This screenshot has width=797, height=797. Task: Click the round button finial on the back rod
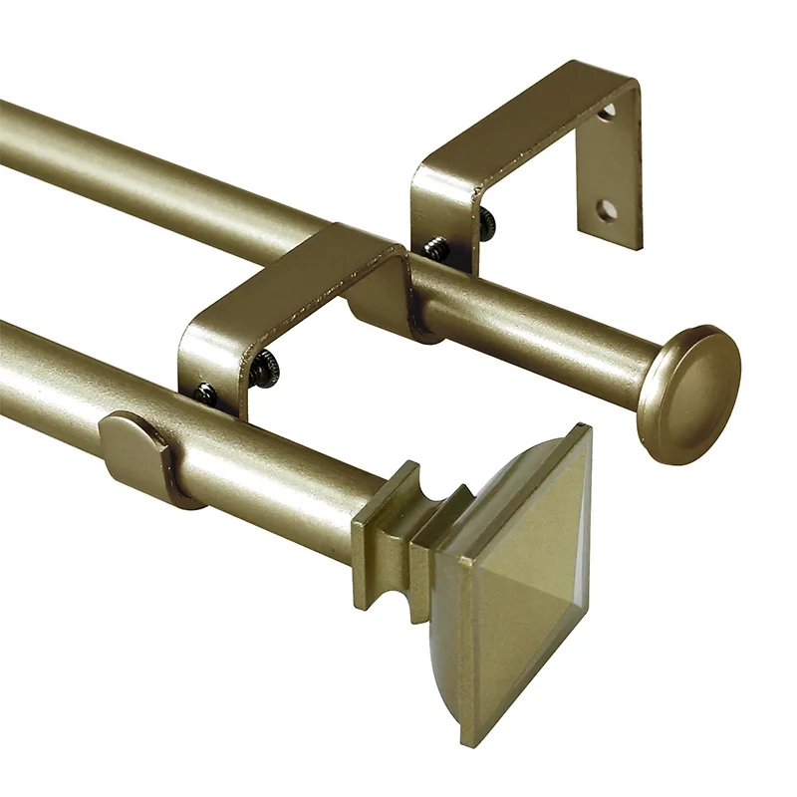coord(689,393)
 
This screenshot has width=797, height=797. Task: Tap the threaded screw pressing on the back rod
coord(435,247)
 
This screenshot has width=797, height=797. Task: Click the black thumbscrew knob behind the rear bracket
coord(486,223)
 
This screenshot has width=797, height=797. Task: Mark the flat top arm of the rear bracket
coord(518,125)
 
